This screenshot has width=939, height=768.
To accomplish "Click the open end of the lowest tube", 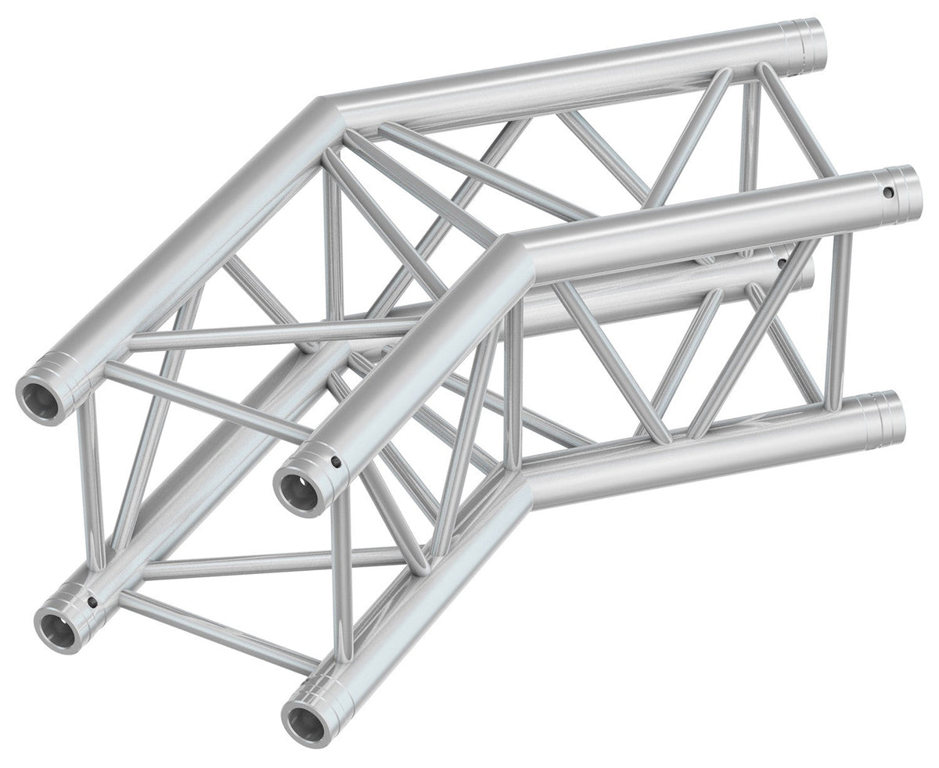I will pyautogui.click(x=300, y=713).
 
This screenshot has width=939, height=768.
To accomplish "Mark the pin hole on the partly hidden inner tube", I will pyautogui.click(x=781, y=264).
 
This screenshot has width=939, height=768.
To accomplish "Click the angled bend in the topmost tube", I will pyautogui.click(x=329, y=109).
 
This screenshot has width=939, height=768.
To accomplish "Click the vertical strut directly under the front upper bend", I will pyautogui.click(x=513, y=383).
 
